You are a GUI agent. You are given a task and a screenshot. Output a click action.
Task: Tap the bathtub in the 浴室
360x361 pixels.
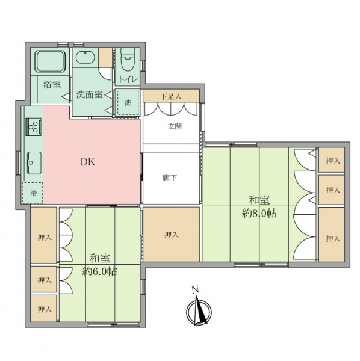pos(51,61)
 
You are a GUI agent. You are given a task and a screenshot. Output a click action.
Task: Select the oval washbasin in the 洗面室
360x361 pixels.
pos(85,57)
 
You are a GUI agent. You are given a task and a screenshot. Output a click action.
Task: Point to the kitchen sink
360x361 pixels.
pos(34,163)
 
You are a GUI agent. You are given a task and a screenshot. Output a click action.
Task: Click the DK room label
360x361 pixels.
pos(88,162)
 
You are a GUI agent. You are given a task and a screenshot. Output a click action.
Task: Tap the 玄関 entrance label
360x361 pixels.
pos(175,126)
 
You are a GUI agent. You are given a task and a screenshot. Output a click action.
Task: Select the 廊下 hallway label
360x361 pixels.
pos(170,177)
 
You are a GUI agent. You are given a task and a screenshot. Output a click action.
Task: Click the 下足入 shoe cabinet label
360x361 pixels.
pos(171,96)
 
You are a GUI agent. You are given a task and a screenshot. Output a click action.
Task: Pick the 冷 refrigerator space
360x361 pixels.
pos(33,193)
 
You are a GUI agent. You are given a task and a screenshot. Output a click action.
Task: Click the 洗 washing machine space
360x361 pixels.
pos(128,103)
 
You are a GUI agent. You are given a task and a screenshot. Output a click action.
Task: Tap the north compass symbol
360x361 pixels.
pos(199,312)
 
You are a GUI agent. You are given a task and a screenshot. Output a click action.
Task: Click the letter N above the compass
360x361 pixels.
pos(195,290)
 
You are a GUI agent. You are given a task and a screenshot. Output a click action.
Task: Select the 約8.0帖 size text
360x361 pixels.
pos(259,214)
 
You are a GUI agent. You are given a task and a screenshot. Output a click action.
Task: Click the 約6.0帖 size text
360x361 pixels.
pos(100,272)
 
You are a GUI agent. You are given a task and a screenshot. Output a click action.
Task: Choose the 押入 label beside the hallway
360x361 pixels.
pos(172,235)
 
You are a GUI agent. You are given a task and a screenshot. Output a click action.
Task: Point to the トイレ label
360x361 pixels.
pos(128,79)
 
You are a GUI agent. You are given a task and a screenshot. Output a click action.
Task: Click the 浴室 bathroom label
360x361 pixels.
pos(52,85)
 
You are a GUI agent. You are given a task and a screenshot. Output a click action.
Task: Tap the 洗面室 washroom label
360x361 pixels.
pos(89,94)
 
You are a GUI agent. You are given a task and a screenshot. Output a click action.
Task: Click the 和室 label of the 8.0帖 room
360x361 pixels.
pos(259,200)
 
